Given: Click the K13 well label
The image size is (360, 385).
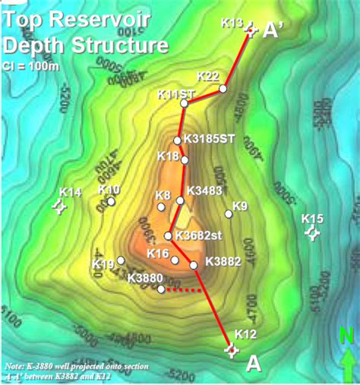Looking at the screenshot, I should coord(232,22).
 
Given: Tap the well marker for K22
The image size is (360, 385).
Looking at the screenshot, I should coord(223,89).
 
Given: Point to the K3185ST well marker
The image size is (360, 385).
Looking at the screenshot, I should coord(178,140).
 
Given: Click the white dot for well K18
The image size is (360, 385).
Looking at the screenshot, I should coord(185,160).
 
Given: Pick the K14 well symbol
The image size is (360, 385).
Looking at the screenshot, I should coord(58,206).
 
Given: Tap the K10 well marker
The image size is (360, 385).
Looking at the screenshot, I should coord(112,201).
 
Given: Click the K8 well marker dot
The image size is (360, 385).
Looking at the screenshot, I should coord(160,207).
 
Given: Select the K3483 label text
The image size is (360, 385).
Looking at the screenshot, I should coord(204,190).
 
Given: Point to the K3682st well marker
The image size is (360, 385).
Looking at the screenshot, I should coord(169,235).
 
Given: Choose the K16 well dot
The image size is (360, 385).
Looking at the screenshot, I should coord(175,260).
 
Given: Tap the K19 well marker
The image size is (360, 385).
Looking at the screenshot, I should coord(121,260).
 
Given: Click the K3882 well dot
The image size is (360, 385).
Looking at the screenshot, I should coord(194,265).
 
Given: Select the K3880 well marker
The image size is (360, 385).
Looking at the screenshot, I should coord(160,289).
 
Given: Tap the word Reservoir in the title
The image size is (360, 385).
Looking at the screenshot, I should coord(108,17).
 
